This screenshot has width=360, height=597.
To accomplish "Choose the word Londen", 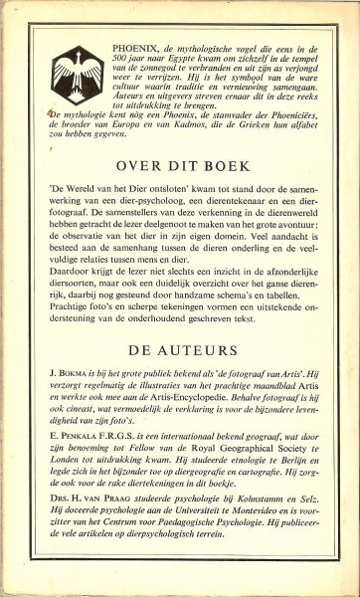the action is click(x=61, y=490).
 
